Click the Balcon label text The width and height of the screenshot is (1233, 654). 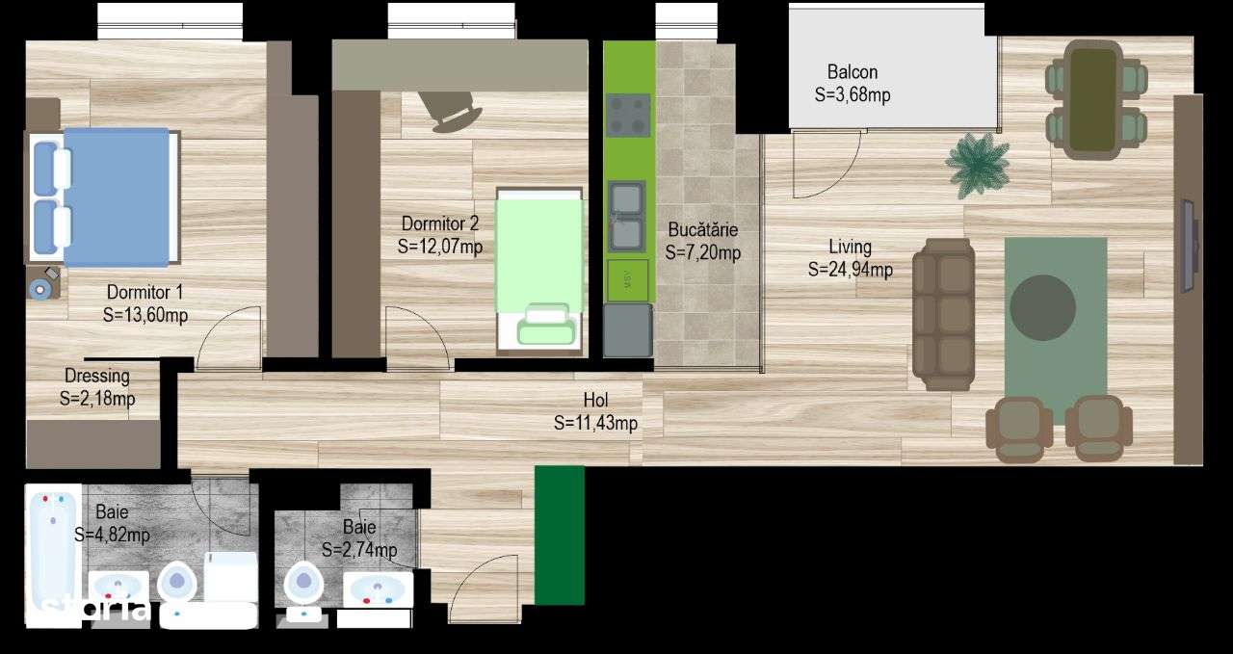click(x=853, y=72)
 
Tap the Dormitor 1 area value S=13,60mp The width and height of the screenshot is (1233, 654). click(x=144, y=314)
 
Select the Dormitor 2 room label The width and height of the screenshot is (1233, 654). click(x=440, y=224)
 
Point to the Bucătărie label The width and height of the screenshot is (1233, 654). click(x=703, y=230)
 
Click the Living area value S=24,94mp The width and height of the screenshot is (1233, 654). click(x=850, y=270)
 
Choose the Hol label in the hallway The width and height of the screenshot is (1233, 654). click(x=596, y=401)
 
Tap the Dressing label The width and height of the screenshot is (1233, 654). click(x=97, y=376)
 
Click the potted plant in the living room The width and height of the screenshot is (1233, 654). click(x=978, y=164)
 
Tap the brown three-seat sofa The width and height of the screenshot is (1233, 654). click(x=943, y=314)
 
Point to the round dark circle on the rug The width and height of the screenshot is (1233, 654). click(x=1042, y=308)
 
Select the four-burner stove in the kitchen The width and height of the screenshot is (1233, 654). click(x=628, y=116)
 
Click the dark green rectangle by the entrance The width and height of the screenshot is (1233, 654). click(x=560, y=535)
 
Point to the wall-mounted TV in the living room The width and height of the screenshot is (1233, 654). click(x=1188, y=246)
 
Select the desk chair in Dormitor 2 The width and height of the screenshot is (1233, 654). click(x=453, y=111)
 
